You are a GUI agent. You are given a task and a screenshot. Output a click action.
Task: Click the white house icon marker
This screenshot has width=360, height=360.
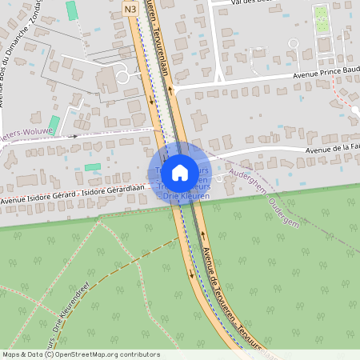(x=180, y=172)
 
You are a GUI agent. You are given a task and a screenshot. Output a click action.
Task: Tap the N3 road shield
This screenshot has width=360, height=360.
(x=131, y=9)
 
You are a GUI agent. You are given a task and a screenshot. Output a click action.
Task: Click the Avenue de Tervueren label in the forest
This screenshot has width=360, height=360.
(x=228, y=296)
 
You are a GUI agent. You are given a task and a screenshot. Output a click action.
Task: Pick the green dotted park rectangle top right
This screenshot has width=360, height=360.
(x=322, y=18)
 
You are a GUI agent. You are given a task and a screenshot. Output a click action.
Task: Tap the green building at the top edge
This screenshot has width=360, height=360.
(x=72, y=10)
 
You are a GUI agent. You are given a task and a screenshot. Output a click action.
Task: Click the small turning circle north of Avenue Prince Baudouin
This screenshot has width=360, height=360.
(x=294, y=42)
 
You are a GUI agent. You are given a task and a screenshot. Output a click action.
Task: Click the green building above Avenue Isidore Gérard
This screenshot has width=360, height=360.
(x=93, y=167)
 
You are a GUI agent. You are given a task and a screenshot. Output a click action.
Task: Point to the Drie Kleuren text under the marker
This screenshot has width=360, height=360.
(x=186, y=195)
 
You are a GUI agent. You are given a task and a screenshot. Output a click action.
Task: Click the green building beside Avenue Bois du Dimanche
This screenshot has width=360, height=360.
(x=54, y=125)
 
